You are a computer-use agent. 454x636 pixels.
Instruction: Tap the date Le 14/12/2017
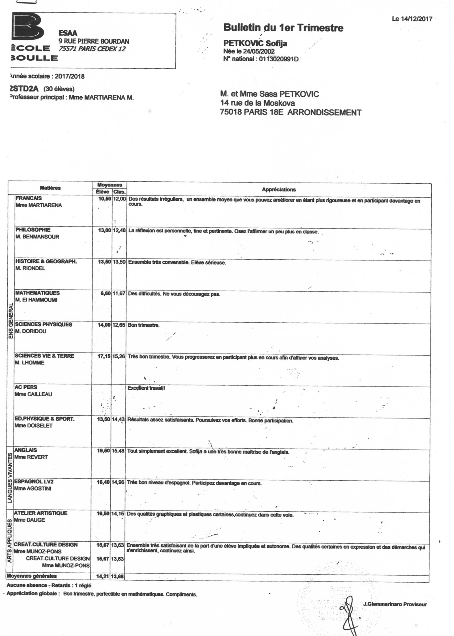(412, 19)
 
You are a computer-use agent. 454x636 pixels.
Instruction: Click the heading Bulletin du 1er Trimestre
(283, 28)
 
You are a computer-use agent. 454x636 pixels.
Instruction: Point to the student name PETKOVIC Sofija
(255, 43)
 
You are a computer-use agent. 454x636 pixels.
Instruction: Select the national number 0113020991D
(278, 59)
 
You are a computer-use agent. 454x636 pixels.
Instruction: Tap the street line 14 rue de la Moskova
(257, 103)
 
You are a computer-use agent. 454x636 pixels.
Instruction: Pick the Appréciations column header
(279, 190)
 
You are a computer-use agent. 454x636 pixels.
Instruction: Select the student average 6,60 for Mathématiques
(106, 294)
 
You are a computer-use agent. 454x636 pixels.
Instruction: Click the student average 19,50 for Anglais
(103, 451)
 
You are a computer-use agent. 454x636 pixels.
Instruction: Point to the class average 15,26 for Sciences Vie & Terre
(119, 356)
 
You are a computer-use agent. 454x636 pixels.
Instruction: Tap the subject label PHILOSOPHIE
(33, 230)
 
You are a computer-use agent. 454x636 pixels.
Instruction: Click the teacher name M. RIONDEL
(30, 268)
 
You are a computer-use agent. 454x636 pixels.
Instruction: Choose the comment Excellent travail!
(146, 388)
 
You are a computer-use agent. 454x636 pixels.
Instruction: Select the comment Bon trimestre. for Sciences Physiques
(144, 325)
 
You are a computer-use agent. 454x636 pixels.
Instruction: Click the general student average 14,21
(103, 576)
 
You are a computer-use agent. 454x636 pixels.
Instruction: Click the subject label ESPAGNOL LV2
(34, 481)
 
